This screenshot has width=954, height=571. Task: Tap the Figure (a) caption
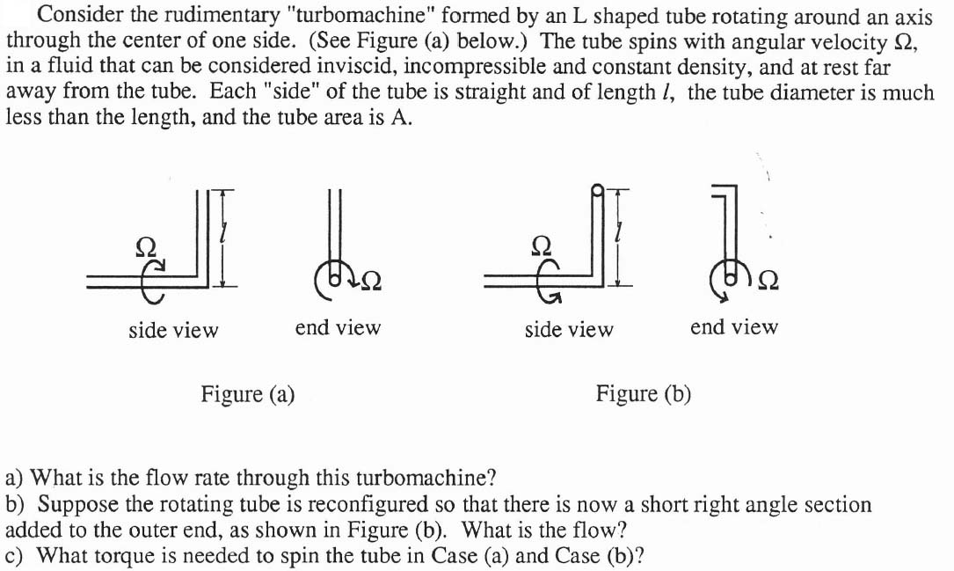[x=247, y=393]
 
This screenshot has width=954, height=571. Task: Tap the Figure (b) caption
[x=644, y=393]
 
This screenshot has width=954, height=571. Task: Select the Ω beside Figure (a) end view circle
[x=368, y=281]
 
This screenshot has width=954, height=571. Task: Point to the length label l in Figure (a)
[x=226, y=234]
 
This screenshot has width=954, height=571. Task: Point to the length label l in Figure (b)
[x=621, y=234]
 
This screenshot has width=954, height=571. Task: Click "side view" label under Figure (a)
[x=173, y=330]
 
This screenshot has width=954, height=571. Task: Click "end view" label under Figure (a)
[x=338, y=328]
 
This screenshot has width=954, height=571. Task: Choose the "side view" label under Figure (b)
[x=569, y=330]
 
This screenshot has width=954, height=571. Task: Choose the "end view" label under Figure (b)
[x=734, y=328]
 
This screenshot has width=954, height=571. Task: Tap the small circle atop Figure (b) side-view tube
[x=598, y=188]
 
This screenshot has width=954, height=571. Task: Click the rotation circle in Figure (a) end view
[x=335, y=278]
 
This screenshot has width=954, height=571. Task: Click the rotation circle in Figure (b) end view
[x=731, y=278]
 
